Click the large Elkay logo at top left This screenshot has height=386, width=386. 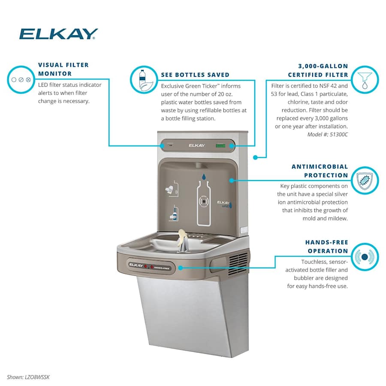pos(59,34)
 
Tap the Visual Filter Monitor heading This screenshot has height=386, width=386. pos(63,69)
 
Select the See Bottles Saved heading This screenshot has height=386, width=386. pos(195,75)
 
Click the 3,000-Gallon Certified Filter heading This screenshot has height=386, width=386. pos(323,71)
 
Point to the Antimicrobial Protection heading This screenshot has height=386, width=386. pos(320,171)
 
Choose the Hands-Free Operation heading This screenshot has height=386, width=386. pos(327,247)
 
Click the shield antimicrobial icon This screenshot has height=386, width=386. pos(365,181)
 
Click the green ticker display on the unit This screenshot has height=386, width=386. pos(221,145)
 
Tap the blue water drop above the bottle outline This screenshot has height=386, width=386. pos(204,176)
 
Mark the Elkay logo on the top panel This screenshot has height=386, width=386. pos(197,145)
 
